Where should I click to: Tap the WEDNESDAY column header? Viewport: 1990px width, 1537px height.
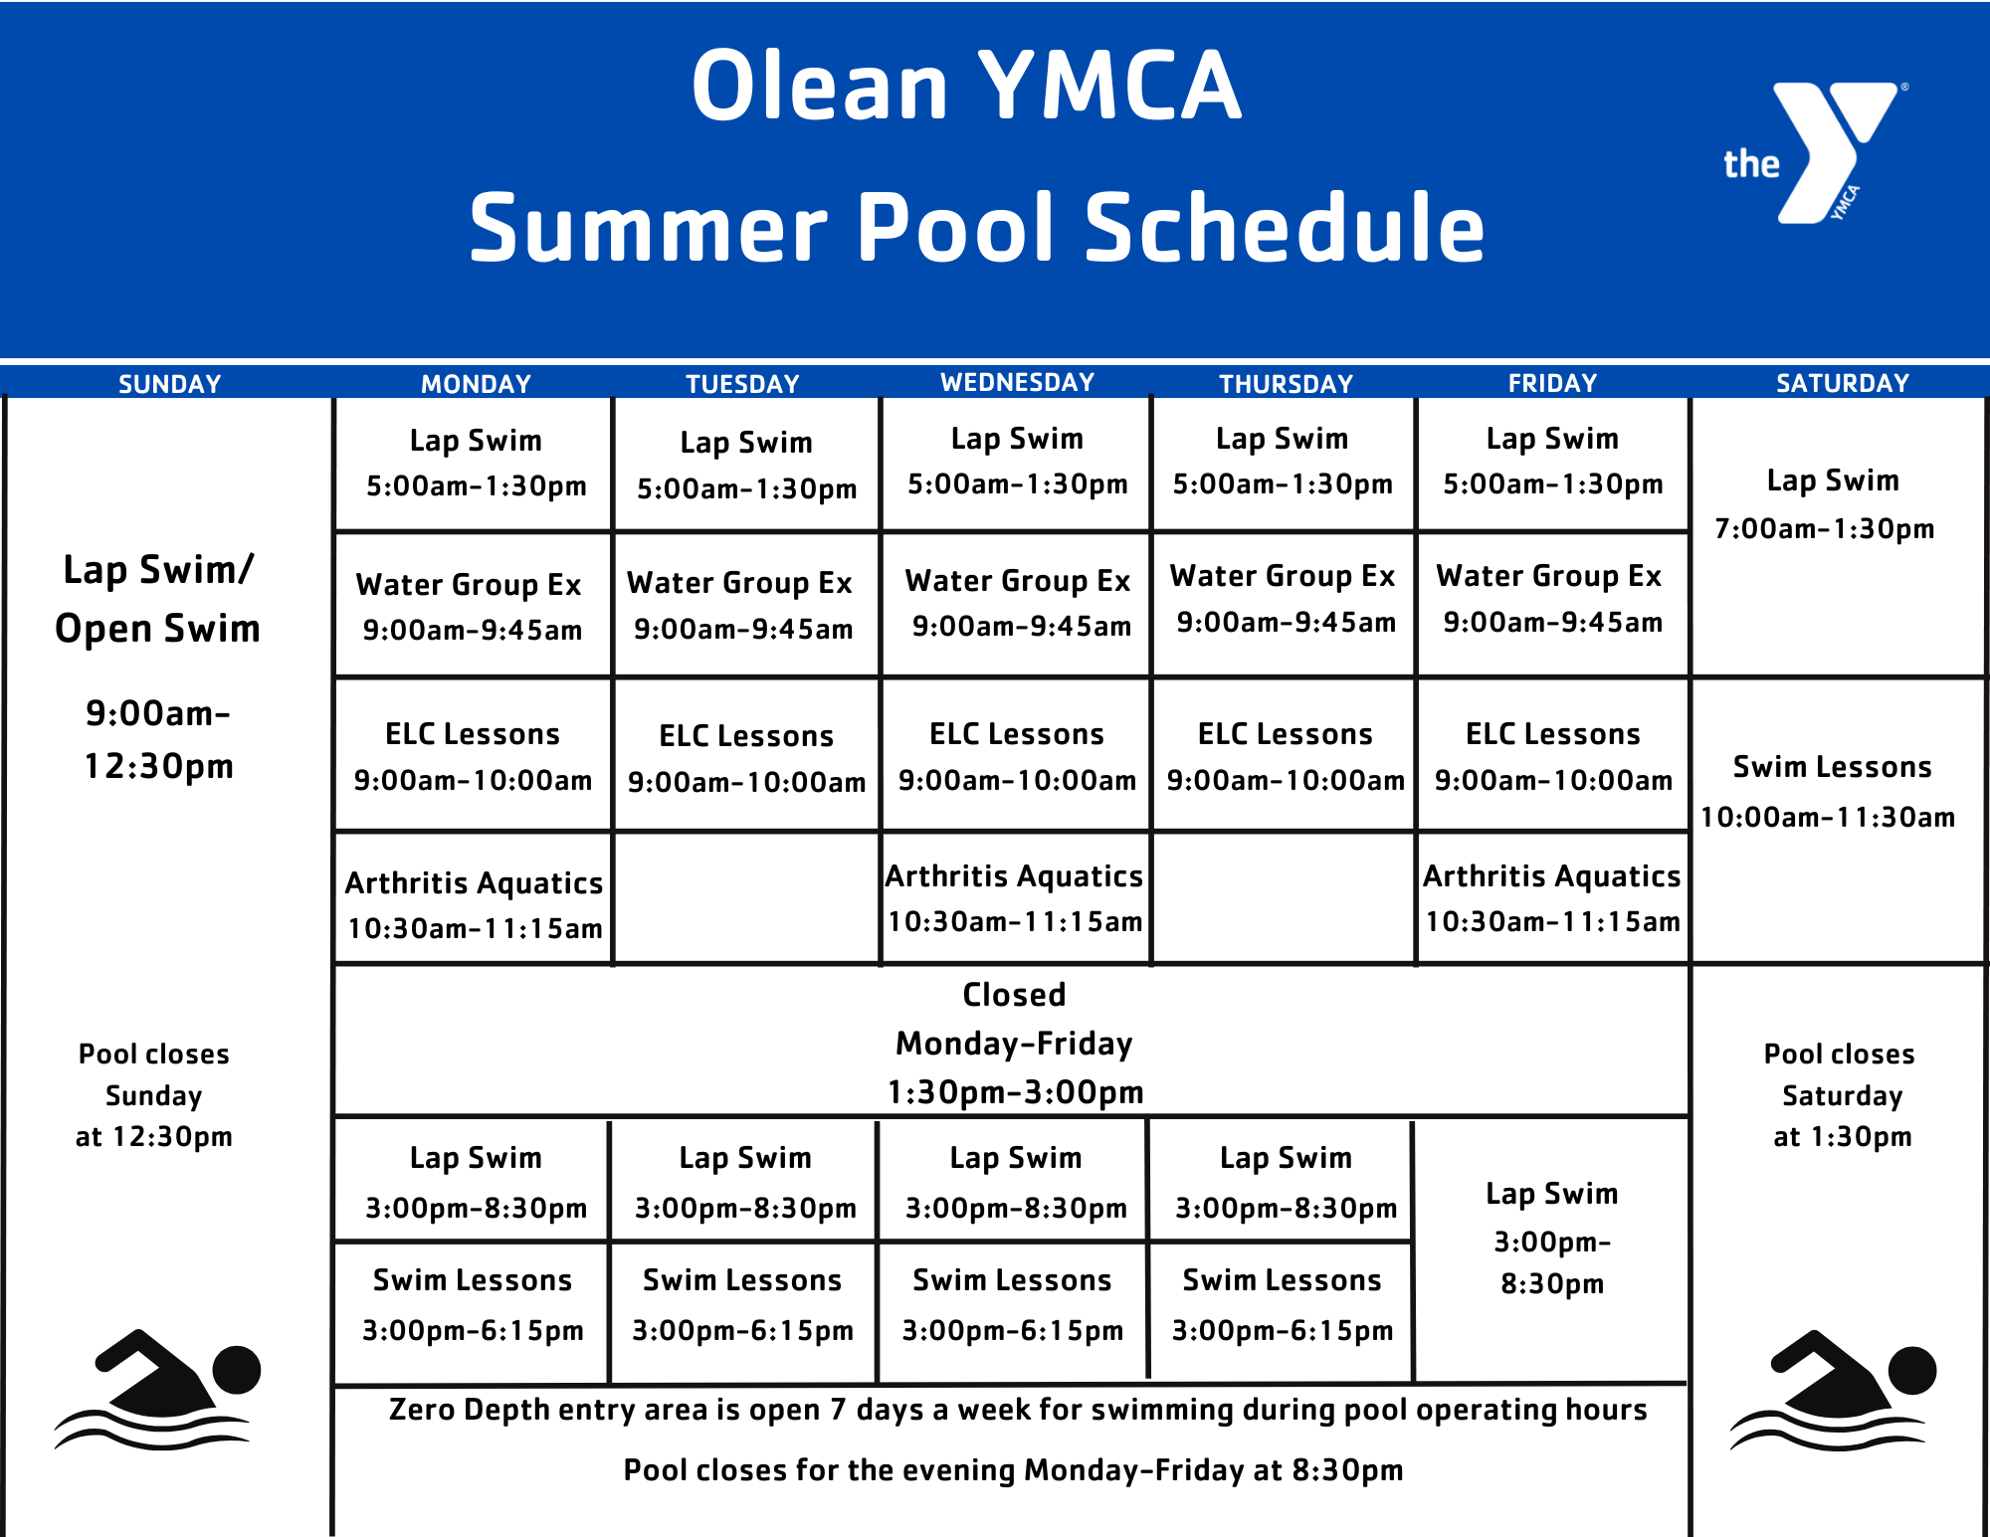click(x=1017, y=382)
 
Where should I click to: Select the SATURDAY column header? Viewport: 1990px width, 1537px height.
click(x=1842, y=383)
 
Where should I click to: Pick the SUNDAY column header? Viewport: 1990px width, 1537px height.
click(x=169, y=384)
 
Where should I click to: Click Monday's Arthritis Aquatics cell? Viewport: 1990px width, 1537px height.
click(x=474, y=904)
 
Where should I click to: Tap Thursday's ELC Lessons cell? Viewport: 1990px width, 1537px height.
click(x=1285, y=756)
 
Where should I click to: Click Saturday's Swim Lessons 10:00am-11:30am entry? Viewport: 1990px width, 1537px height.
click(x=1831, y=791)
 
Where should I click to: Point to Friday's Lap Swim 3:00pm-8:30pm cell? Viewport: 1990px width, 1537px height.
click(x=1551, y=1238)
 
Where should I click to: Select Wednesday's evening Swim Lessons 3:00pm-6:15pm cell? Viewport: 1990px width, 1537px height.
click(x=1012, y=1305)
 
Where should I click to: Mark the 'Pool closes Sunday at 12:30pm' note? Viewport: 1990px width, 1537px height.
click(x=154, y=1094)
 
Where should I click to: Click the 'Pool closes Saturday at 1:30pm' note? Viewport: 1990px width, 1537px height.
click(x=1841, y=1094)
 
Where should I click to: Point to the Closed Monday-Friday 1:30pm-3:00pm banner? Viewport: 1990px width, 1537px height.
click(x=1014, y=1043)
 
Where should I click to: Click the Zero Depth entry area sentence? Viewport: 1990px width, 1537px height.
click(x=1017, y=1410)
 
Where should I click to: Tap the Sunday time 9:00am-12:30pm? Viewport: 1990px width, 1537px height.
click(x=158, y=739)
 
